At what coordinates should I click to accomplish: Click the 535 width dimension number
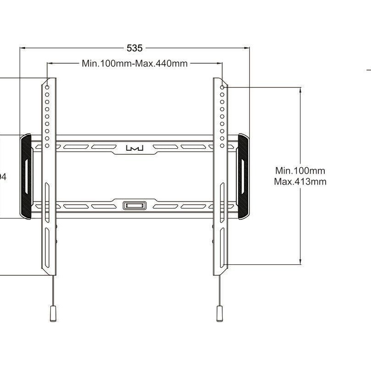point(135,48)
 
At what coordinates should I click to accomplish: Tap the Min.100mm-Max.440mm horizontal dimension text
point(135,64)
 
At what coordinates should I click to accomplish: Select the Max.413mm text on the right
point(300,181)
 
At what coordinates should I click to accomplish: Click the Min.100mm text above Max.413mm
point(300,170)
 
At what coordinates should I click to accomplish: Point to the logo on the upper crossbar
point(135,148)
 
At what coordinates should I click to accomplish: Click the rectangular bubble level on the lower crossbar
point(135,206)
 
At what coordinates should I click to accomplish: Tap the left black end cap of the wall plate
point(26,176)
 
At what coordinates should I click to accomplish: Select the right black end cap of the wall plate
point(243,176)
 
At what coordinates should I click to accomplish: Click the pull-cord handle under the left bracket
point(53,315)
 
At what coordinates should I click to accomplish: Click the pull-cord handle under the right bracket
point(219,315)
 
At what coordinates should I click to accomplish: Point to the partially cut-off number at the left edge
point(2,176)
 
